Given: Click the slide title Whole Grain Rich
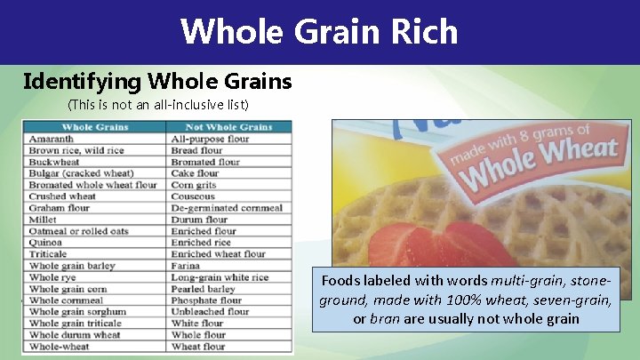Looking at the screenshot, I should [319, 32].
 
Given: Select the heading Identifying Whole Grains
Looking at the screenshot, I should [157, 82].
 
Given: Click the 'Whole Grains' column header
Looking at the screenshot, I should [94, 127].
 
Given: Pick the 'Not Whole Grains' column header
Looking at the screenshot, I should [228, 127].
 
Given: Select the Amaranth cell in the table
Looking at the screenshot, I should [52, 140].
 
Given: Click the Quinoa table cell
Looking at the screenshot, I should [45, 243].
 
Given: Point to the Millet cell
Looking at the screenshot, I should [43, 220].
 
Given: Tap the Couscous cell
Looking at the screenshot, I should [193, 196].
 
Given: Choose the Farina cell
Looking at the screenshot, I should [186, 266].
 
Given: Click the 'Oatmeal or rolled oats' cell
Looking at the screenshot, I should [78, 231].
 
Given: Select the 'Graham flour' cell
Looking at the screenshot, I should [60, 208].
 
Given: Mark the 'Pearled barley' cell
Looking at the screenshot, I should [203, 289].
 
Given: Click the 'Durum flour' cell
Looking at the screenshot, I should [199, 220].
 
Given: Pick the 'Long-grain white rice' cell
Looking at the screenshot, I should [220, 277].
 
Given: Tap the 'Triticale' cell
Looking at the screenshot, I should [48, 254].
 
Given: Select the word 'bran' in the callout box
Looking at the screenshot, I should [383, 318].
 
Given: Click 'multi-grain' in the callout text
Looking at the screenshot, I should [521, 282].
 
